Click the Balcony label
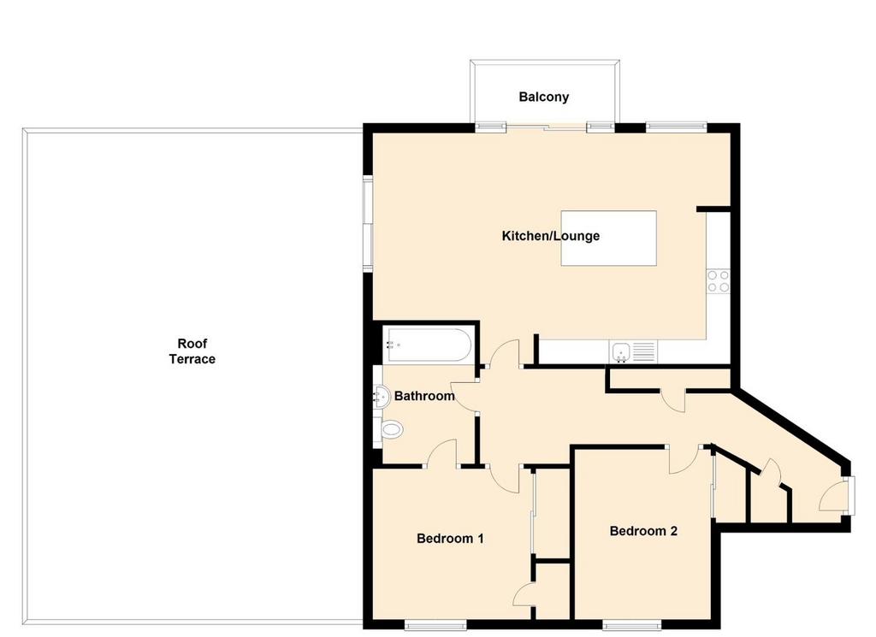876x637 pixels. [x=543, y=97]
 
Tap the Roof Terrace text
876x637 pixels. [x=192, y=351]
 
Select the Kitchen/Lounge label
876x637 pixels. [x=550, y=236]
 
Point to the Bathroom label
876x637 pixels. [x=424, y=396]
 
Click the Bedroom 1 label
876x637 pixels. [x=450, y=538]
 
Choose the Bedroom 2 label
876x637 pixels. [x=643, y=531]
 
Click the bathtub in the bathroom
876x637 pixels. [x=429, y=345]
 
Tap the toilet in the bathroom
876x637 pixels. [x=389, y=429]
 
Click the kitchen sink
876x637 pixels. [x=621, y=351]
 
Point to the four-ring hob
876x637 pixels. [x=718, y=280]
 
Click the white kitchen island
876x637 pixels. [x=608, y=239]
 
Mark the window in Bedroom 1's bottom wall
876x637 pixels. [x=435, y=625]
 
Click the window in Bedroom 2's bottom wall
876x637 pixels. [x=632, y=625]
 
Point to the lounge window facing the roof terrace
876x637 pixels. [x=368, y=224]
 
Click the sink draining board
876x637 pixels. [x=643, y=351]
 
